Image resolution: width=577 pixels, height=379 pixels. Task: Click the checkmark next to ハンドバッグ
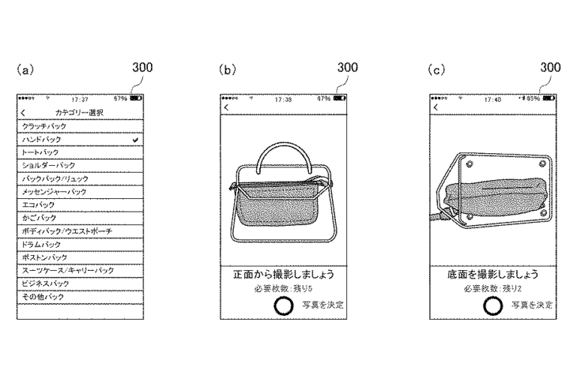click(133, 140)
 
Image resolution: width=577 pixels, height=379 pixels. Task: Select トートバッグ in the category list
click(40, 152)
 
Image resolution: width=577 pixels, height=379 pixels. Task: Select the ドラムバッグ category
click(41, 245)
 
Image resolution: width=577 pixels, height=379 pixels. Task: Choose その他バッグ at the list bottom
click(42, 297)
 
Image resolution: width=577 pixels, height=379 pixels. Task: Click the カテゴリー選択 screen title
click(80, 113)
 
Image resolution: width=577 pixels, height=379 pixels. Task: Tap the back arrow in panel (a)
click(23, 113)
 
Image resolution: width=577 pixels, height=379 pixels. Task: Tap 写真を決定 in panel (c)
click(531, 304)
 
